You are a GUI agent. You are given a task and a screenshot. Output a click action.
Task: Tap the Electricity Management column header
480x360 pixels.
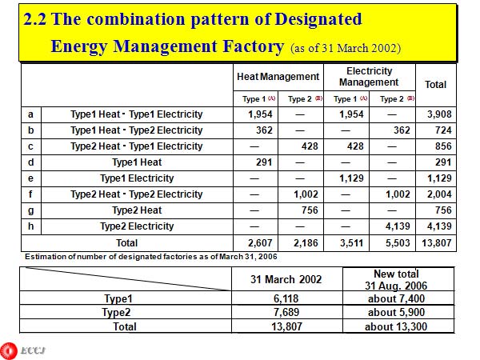click(x=369, y=77)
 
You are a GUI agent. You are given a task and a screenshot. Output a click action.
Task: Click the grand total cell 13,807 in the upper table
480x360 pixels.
click(x=437, y=242)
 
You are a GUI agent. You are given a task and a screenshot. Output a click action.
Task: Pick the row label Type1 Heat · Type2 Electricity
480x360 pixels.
click(x=136, y=130)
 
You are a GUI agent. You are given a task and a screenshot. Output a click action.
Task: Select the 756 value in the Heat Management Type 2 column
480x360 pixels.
click(x=300, y=210)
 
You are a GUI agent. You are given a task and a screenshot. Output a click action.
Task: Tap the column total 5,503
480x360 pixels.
click(x=392, y=242)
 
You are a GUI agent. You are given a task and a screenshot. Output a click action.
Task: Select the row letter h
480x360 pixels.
click(x=30, y=226)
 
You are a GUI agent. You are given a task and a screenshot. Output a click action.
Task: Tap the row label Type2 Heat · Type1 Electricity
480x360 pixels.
click(x=136, y=146)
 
